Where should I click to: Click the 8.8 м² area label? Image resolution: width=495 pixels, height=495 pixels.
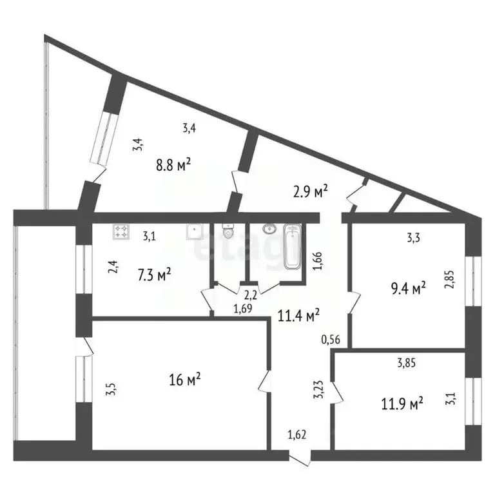point(175,166)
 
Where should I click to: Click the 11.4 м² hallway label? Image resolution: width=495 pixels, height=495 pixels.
point(299,315)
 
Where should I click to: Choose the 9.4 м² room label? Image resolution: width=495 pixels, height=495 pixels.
point(409,289)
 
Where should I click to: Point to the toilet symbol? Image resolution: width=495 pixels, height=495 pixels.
point(226,231)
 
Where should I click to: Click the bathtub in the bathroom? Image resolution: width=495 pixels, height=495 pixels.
point(293,247)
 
